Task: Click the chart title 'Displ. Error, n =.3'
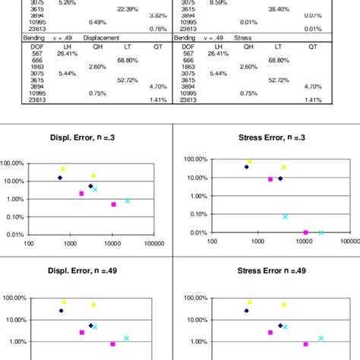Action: [89, 138]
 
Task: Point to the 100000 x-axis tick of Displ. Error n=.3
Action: [154, 244]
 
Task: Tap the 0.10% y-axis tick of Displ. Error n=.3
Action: [14, 217]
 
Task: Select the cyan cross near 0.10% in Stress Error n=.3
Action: [286, 216]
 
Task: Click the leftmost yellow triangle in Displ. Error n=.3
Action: [63, 169]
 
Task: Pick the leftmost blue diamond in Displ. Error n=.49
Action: [61, 311]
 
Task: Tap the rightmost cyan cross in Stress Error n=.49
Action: [321, 338]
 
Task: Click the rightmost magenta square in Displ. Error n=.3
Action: [113, 204]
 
